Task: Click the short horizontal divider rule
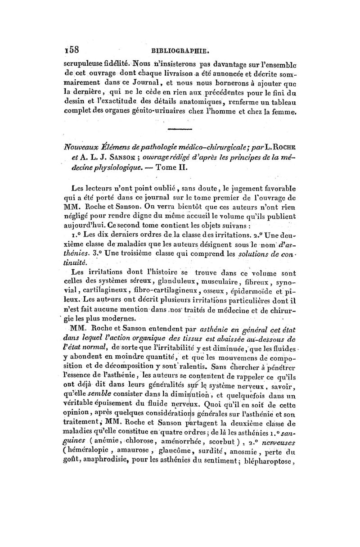tap(180, 130)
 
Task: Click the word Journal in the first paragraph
tap(143, 82)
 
